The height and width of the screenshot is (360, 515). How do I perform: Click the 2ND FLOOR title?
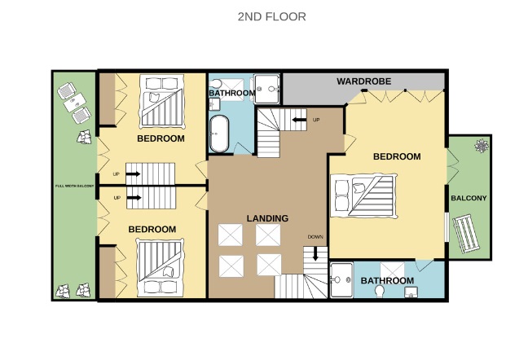[271, 16]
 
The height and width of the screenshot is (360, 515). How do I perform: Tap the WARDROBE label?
[364, 81]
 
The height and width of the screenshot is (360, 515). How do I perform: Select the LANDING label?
[267, 218]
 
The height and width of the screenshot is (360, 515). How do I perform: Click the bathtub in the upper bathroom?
[219, 134]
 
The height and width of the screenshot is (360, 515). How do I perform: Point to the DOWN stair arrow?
[315, 253]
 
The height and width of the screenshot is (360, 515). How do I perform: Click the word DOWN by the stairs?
[315, 237]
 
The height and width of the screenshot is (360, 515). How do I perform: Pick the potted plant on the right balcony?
[482, 146]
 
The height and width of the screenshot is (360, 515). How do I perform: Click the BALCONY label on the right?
[469, 198]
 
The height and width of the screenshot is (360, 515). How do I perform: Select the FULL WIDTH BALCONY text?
[74, 186]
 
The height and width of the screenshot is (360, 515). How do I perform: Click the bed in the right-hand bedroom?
[363, 196]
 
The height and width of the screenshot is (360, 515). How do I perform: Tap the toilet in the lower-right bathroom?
[380, 291]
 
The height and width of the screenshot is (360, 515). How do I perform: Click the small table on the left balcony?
[74, 103]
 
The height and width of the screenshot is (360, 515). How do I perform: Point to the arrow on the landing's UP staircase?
[299, 120]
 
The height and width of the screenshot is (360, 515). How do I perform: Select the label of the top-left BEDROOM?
[161, 138]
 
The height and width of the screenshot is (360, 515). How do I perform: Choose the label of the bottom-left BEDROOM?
[152, 229]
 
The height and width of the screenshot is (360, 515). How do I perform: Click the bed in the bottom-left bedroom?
[161, 268]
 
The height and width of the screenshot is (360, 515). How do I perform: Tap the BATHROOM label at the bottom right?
[387, 280]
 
